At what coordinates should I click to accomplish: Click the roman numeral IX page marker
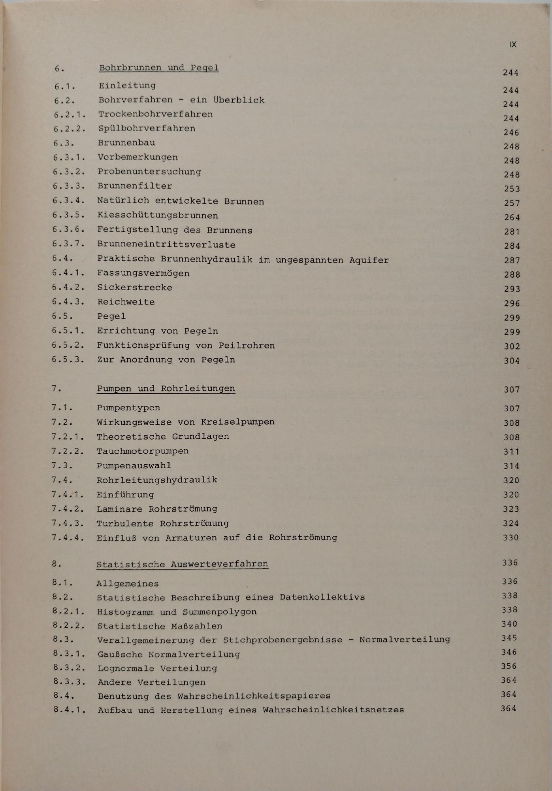click(513, 44)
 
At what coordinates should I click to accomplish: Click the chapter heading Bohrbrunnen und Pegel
click(158, 68)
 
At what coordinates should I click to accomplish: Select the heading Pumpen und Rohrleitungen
click(166, 388)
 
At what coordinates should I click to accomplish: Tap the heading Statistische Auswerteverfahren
click(182, 564)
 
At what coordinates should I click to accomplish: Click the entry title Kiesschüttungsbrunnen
click(158, 216)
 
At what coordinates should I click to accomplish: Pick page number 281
click(512, 231)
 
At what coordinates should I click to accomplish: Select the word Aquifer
click(369, 260)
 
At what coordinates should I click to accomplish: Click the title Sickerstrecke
click(135, 288)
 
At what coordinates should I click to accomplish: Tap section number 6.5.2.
click(68, 345)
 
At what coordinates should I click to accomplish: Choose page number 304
click(512, 360)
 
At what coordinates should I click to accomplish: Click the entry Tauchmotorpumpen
click(143, 451)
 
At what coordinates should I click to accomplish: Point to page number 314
click(511, 466)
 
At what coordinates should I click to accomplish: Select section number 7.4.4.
click(68, 537)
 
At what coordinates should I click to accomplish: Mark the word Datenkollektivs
click(322, 597)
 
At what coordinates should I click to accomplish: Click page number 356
click(509, 666)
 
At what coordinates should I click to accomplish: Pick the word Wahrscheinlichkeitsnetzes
click(333, 710)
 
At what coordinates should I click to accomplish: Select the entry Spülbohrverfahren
click(147, 129)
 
